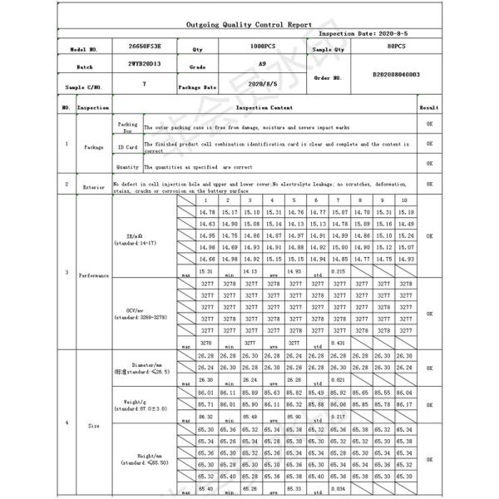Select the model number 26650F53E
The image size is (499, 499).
pyautogui.click(x=145, y=49)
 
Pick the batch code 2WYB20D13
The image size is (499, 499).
pyautogui.click(x=145, y=63)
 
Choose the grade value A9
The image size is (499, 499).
pyautogui.click(x=263, y=63)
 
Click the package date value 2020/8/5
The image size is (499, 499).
pyautogui.click(x=263, y=84)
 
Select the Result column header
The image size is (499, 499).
pyautogui.click(x=429, y=108)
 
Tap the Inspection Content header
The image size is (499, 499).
pyautogui.click(x=264, y=108)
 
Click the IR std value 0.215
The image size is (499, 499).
pyautogui.click(x=338, y=271)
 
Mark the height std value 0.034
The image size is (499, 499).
pyautogui.click(x=338, y=489)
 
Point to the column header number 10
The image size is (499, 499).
pyautogui.click(x=404, y=201)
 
